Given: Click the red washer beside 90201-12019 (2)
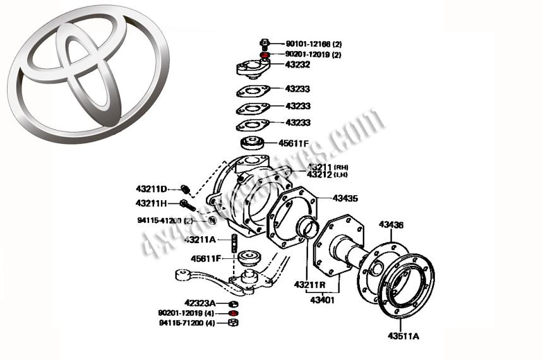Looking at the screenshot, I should coord(265,55).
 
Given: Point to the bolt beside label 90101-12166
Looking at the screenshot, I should coord(265,44).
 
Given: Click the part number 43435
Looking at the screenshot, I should coord(345,198).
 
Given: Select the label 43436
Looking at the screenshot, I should coord(391,224).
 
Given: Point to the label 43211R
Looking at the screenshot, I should coord(309,285).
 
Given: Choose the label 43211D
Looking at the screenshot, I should coord(151,188).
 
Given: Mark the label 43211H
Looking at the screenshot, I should coord(151,203).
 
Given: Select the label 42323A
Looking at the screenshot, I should coord(200,303).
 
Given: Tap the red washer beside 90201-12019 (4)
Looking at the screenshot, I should coord(233,313).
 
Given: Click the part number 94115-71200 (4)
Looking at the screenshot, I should coord(188,323).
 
